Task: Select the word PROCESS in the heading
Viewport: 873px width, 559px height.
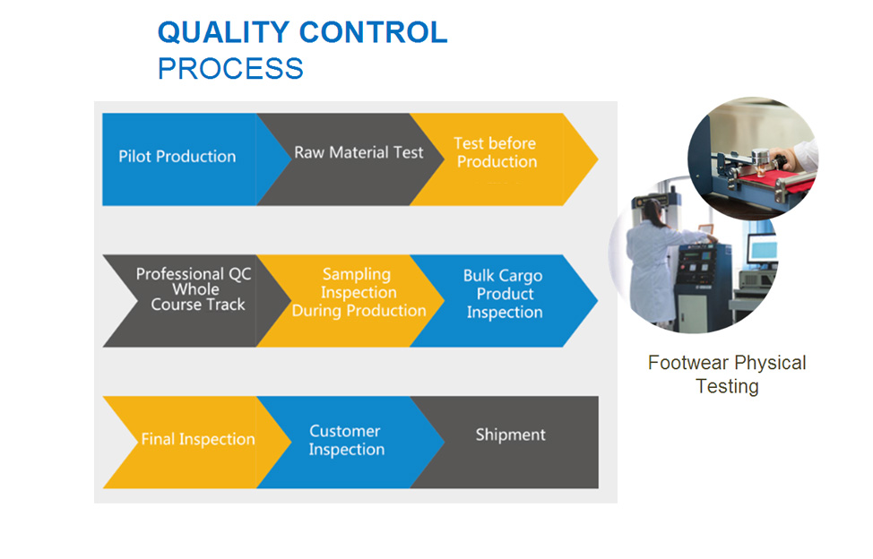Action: [230, 68]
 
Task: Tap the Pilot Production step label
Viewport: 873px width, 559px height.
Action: [177, 156]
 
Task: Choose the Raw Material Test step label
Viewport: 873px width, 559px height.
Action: [359, 152]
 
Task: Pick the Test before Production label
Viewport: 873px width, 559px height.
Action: [496, 152]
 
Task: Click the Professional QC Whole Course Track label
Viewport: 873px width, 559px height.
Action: [194, 288]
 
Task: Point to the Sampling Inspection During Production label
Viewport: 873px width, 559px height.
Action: [359, 292]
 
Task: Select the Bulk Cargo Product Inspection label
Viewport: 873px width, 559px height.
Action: [504, 294]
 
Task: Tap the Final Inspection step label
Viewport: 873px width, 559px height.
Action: [198, 439]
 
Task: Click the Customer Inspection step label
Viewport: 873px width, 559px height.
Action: [346, 440]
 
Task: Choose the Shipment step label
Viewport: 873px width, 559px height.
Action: [510, 435]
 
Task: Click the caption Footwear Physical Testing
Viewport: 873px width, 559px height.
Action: [727, 374]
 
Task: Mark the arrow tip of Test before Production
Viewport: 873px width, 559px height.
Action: [598, 159]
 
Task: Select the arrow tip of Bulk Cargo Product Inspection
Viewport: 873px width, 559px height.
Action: [598, 300]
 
